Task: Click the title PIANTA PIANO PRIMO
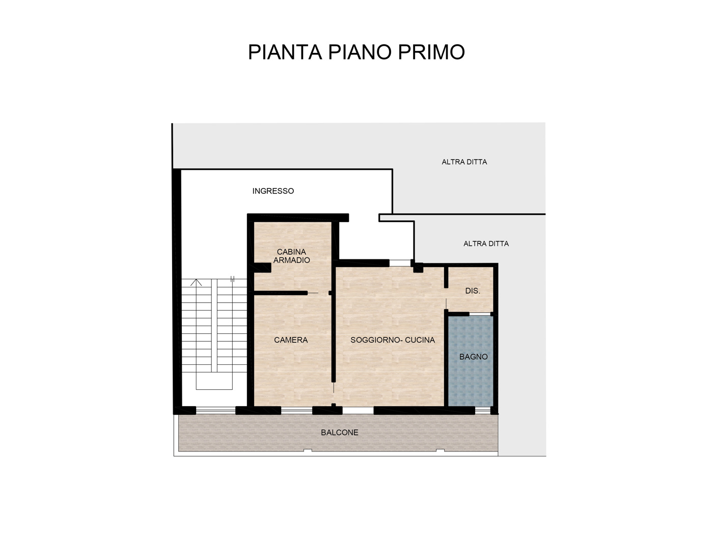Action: pos(356,52)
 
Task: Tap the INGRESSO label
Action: pos(273,191)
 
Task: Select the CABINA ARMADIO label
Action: pos(291,256)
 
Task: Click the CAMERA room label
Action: pos(291,340)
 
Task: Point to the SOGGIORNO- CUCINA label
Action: pos(392,340)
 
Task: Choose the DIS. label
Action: pos(472,291)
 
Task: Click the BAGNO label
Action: pos(473,357)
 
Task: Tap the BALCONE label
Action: pos(340,433)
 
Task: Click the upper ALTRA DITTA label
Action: pos(464,162)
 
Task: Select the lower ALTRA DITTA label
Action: pos(486,244)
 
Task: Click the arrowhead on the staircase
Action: pos(196,282)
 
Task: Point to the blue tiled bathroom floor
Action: pos(471,361)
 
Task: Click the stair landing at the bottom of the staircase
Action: pos(214,381)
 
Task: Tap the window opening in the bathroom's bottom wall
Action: pos(483,411)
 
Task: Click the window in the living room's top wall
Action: pos(400,263)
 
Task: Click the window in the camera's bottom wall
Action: pos(296,411)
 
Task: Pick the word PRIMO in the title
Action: pos(431,52)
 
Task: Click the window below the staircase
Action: pos(216,411)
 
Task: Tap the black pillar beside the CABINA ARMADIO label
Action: pos(262,267)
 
